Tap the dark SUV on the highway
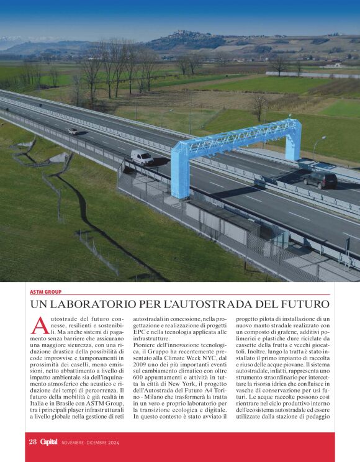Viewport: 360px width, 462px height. point(320,180)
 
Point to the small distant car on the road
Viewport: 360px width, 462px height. point(73,131)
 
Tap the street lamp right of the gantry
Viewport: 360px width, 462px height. point(315,149)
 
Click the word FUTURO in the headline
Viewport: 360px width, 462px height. point(304,304)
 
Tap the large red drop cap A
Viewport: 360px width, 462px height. point(38,325)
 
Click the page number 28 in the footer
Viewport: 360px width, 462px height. point(33,442)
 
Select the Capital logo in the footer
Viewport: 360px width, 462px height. point(49,442)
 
